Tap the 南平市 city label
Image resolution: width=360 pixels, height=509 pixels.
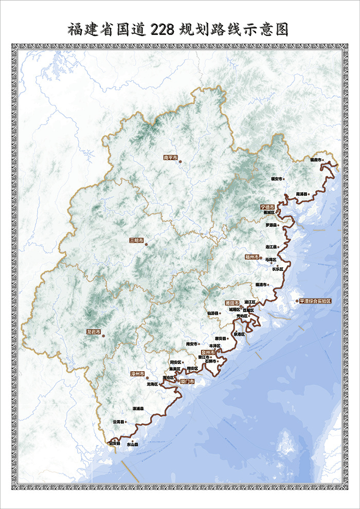[x=170, y=157]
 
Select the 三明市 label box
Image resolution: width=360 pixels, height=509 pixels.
[x=137, y=240]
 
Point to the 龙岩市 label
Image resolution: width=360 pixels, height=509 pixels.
[x=93, y=332]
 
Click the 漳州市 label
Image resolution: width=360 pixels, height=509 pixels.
[x=137, y=374]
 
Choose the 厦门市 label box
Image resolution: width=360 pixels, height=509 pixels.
[x=187, y=382]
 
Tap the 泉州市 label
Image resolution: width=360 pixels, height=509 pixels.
[x=208, y=352]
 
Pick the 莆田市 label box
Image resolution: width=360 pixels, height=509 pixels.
[x=232, y=303]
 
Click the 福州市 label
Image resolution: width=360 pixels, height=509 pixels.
[x=251, y=256]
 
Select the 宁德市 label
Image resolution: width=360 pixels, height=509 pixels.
[x=267, y=206]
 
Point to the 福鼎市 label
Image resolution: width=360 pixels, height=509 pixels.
[x=316, y=160]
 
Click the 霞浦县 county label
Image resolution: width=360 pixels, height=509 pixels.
[x=302, y=194]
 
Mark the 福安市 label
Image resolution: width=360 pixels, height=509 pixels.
[x=277, y=179]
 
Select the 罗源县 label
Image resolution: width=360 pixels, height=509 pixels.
[x=271, y=225]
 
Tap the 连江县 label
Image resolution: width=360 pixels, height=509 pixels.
[x=271, y=247]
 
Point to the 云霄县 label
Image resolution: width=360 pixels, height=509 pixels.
[x=118, y=422]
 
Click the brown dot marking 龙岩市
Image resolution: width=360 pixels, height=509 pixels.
[x=103, y=336]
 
